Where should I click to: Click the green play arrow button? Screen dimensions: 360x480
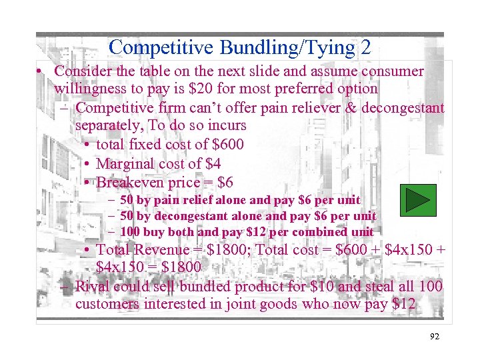417,201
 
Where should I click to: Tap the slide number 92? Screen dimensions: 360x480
434,337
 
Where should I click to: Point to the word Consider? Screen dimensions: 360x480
83,71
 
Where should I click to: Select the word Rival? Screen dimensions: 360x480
93,286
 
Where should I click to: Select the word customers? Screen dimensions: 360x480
107,304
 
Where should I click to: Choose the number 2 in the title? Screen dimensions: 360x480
365,47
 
